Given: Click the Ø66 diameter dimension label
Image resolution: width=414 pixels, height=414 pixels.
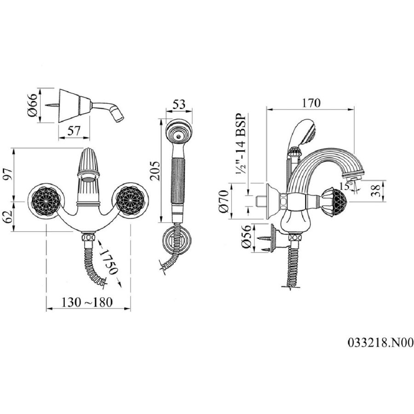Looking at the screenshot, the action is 33,105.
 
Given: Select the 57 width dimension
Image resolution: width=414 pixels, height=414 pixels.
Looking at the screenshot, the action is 74,131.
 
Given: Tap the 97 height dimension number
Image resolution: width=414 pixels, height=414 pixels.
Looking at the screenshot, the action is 8,174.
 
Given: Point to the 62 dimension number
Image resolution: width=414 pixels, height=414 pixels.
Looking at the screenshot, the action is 8,217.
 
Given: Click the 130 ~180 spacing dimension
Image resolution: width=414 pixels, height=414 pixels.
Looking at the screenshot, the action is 87,302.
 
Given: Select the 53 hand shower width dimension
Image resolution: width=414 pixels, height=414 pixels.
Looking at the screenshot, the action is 179,104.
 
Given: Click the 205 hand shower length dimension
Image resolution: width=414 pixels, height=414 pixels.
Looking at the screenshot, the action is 155,171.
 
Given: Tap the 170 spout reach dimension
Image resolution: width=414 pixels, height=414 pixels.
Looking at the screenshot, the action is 311,103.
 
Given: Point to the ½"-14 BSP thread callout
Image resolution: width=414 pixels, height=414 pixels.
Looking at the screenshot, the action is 241,144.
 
